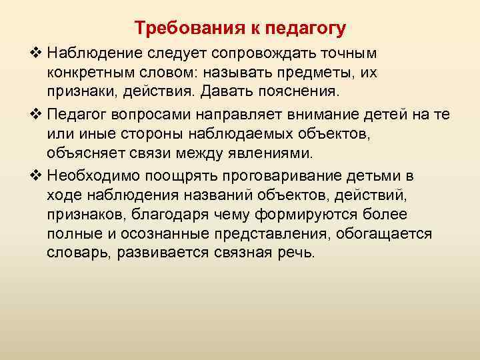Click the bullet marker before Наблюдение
35,53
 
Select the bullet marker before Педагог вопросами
35,114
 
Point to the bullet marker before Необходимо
35,176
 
